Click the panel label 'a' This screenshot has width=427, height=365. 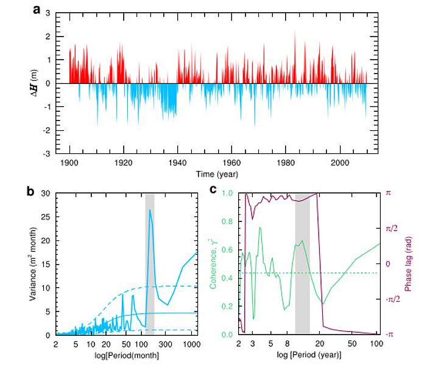[53, 10]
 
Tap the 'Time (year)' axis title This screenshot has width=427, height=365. [217, 174]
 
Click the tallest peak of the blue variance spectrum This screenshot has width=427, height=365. [149, 210]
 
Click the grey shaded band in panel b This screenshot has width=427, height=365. [149, 268]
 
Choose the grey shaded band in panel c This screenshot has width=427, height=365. [302, 268]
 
